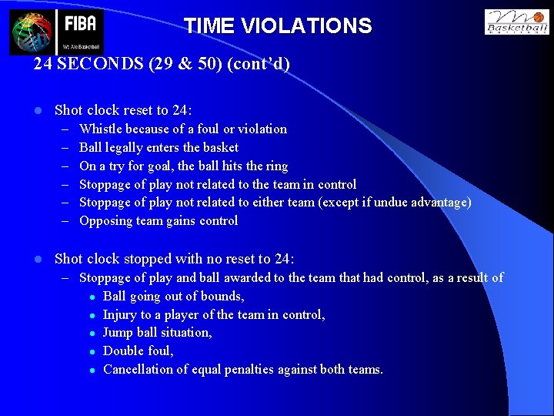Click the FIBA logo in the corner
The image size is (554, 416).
click(56, 32)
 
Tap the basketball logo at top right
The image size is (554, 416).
click(516, 22)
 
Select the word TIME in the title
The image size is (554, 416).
click(209, 26)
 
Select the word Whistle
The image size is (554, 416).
click(101, 129)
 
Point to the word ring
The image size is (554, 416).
click(276, 166)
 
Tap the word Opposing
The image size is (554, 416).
click(105, 221)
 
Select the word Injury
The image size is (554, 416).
click(121, 314)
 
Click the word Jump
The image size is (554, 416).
click(118, 332)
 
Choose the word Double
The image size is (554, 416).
click(123, 351)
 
